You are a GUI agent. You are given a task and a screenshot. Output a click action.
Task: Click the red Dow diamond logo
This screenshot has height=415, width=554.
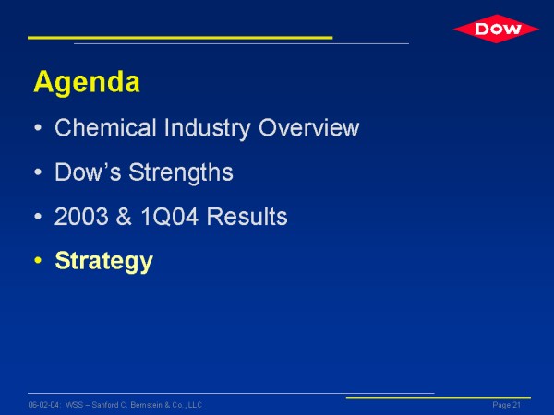click(x=496, y=29)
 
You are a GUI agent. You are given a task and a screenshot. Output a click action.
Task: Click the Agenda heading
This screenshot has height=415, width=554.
click(x=87, y=83)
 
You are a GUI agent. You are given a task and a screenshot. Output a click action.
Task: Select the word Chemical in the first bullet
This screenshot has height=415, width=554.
click(x=105, y=127)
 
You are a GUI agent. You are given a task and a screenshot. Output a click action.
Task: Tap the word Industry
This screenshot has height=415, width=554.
click(x=207, y=128)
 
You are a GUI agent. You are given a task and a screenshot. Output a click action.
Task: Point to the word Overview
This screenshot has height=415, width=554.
click(x=308, y=127)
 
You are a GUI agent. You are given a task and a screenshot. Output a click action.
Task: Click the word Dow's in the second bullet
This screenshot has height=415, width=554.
click(x=88, y=172)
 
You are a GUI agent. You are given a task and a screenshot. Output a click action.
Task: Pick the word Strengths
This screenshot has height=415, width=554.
click(x=181, y=173)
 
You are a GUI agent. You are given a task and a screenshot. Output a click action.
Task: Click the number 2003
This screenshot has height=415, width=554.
click(x=81, y=217)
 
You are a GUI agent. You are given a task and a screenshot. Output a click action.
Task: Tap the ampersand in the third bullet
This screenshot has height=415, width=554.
click(x=124, y=217)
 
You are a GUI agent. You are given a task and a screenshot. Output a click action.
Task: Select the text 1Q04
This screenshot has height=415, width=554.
click(x=169, y=217)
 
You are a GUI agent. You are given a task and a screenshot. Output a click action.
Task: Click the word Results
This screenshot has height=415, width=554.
click(x=247, y=217)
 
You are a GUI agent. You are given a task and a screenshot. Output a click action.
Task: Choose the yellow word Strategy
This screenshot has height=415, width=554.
click(x=103, y=262)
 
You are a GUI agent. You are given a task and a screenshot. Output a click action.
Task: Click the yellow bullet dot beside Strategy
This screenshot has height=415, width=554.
click(x=38, y=261)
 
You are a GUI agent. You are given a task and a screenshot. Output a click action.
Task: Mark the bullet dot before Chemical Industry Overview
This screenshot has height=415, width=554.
click(x=38, y=128)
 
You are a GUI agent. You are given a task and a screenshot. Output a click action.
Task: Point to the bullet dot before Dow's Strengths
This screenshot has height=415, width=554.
click(x=38, y=172)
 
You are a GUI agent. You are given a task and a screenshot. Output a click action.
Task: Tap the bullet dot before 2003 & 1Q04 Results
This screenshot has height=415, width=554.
click(x=38, y=217)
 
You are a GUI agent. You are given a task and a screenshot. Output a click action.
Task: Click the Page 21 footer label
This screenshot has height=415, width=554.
click(x=507, y=405)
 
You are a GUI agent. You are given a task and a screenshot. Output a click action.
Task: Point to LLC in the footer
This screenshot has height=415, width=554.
click(x=195, y=405)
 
